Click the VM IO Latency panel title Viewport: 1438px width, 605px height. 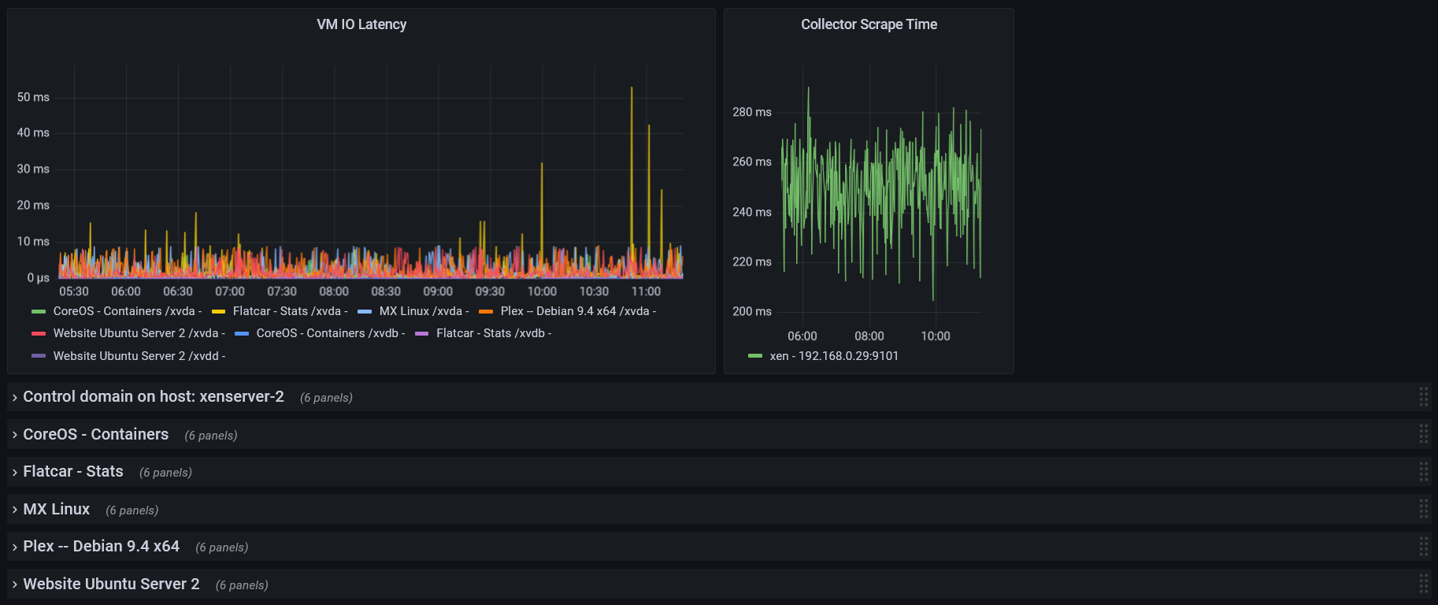point(361,24)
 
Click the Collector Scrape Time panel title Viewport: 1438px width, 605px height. point(869,24)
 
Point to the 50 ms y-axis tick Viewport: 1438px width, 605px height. point(33,97)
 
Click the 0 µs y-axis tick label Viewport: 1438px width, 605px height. point(38,277)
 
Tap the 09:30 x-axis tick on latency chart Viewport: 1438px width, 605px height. point(490,291)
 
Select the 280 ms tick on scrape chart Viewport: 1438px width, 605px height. point(751,112)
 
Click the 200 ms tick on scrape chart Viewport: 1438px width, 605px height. point(751,311)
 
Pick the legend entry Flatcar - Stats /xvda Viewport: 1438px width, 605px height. point(287,311)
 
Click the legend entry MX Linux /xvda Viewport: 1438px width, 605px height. point(421,311)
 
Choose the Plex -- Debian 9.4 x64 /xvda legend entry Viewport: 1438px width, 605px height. point(575,311)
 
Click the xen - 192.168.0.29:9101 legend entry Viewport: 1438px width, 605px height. point(833,356)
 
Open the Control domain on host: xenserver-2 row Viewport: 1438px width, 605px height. point(154,397)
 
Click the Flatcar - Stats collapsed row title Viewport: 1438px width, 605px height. point(73,472)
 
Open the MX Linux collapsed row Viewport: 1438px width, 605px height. point(57,510)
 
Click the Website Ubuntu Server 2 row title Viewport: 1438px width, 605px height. point(111,585)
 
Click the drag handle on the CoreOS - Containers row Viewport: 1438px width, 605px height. point(1423,434)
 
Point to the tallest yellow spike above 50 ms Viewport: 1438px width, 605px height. point(632,90)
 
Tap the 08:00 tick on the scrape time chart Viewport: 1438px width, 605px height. point(869,336)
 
